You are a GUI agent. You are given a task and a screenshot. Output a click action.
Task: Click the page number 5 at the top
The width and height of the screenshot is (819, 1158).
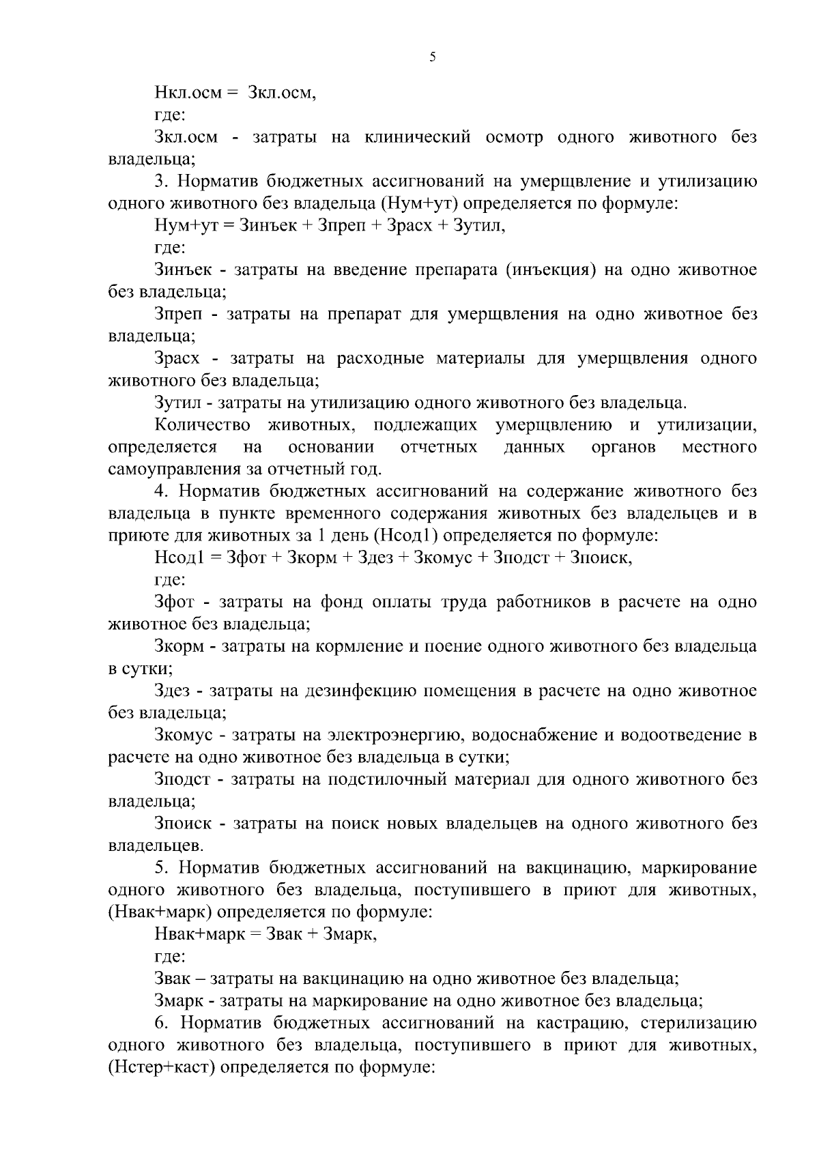(432, 58)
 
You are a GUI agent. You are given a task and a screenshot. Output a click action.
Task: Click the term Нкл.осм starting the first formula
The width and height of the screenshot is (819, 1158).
(188, 93)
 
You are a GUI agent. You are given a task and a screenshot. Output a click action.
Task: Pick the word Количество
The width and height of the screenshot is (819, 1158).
(202, 425)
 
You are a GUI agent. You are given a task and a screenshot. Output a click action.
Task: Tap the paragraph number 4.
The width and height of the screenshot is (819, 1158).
(160, 491)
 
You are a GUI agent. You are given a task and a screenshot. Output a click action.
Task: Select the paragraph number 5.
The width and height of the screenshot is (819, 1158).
(160, 868)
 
